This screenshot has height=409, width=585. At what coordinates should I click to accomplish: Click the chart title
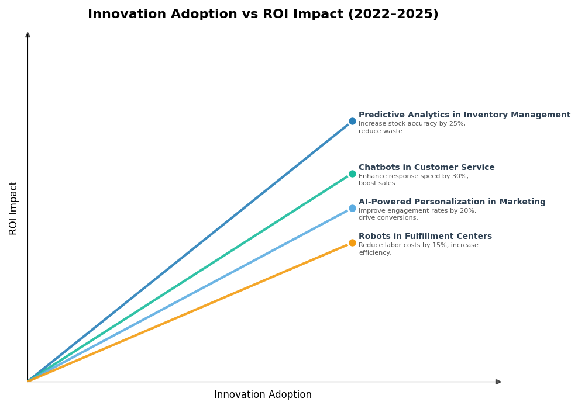click(263, 15)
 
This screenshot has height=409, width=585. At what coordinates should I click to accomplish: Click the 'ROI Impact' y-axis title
click(13, 208)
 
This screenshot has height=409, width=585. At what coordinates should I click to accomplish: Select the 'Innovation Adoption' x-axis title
click(263, 395)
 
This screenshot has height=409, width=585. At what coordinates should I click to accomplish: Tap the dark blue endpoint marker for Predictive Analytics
click(352, 122)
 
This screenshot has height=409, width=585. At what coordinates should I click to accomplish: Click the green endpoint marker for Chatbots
click(352, 174)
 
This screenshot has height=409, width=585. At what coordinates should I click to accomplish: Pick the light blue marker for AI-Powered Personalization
click(352, 208)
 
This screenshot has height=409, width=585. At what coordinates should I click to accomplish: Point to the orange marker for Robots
click(352, 242)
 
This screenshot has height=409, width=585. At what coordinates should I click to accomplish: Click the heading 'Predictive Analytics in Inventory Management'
click(464, 115)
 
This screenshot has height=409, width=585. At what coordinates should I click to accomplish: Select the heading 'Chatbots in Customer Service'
click(426, 168)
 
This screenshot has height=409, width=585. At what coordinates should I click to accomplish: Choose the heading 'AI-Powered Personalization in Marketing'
click(452, 202)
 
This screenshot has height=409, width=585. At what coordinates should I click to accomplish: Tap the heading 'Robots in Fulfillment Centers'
click(425, 237)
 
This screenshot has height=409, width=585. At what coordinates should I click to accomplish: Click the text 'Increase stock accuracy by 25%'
click(412, 124)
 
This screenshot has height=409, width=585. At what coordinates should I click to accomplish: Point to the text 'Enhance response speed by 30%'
click(413, 176)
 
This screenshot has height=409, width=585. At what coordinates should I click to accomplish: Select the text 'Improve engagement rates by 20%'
click(417, 211)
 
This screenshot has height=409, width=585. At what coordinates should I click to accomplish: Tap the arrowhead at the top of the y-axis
click(27, 35)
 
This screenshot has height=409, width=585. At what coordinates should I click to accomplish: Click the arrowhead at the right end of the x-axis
click(498, 382)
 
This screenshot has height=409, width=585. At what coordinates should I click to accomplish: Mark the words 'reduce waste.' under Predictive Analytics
click(381, 131)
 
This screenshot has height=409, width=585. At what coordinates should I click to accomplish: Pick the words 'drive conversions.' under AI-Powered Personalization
click(388, 218)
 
